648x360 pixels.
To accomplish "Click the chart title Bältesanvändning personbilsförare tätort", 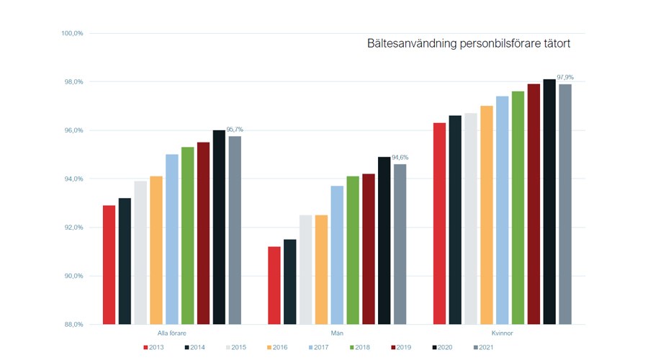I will pyautogui.click(x=469, y=44).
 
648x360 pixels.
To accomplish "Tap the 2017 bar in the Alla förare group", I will pyautogui.click(x=172, y=239).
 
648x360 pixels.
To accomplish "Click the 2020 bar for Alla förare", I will pyautogui.click(x=219, y=227).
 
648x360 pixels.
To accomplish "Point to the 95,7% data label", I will pyautogui.click(x=235, y=130).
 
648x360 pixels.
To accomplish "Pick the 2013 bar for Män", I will pyautogui.click(x=274, y=285).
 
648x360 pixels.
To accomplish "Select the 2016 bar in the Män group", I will pyautogui.click(x=321, y=269).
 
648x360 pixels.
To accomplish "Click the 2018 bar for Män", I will pyautogui.click(x=353, y=250).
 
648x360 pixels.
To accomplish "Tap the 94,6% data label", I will pyautogui.click(x=400, y=157).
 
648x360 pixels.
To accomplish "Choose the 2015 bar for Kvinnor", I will pyautogui.click(x=471, y=218).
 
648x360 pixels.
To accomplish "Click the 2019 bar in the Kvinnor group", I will pyautogui.click(x=534, y=204).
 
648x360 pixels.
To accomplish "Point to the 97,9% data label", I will pyautogui.click(x=565, y=77).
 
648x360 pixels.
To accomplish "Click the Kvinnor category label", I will pyautogui.click(x=503, y=333).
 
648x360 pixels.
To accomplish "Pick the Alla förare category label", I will pyautogui.click(x=172, y=333).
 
